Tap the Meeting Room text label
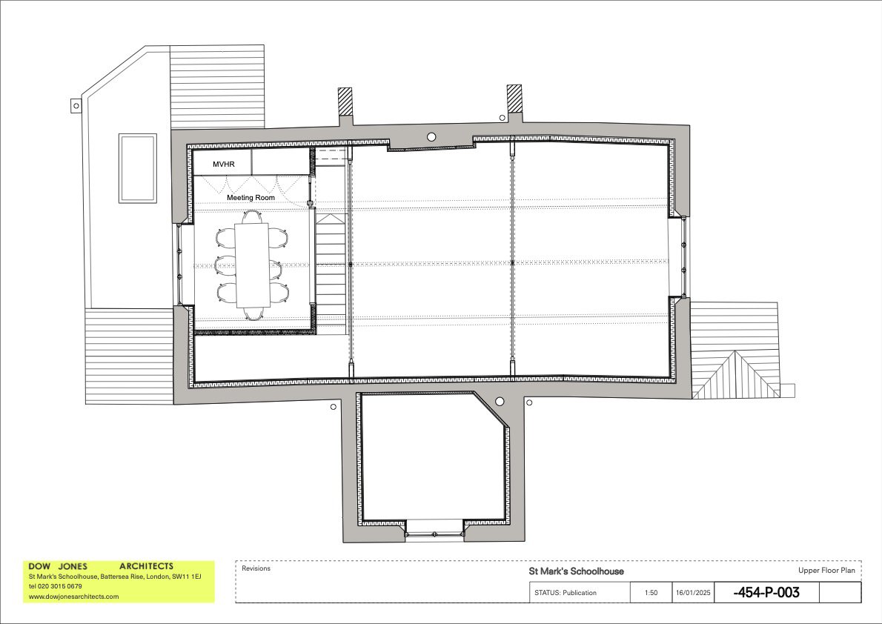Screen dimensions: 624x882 pyautogui.click(x=251, y=198)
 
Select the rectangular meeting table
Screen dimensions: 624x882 pyautogui.click(x=251, y=265)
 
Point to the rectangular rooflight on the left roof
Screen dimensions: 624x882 pyautogui.click(x=138, y=168)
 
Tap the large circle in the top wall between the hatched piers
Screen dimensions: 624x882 pyautogui.click(x=431, y=137)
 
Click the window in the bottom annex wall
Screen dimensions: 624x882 pyautogui.click(x=435, y=527)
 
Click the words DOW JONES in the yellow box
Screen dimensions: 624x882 pyautogui.click(x=58, y=566)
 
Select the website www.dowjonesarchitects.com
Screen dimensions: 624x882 pyautogui.click(x=73, y=596)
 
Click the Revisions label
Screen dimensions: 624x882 pyautogui.click(x=256, y=569)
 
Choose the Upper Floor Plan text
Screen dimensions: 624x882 pyautogui.click(x=826, y=571)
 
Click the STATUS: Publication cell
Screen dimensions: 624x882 pyautogui.click(x=565, y=593)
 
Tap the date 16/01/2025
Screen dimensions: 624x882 pyautogui.click(x=692, y=593)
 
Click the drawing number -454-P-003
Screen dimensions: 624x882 pyautogui.click(x=766, y=593)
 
